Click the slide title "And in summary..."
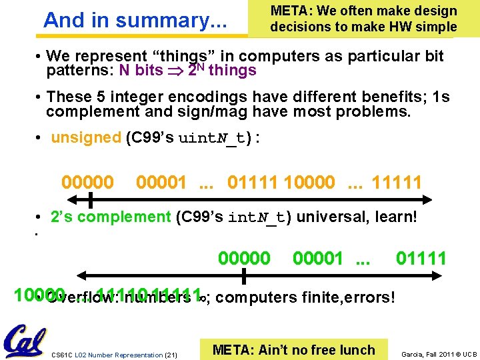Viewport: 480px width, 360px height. pos(135,21)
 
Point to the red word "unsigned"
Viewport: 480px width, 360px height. pos(85,138)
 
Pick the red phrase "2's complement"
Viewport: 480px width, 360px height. pos(111,217)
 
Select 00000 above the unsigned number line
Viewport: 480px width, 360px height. pos(87,182)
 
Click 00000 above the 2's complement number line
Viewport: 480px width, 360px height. pos(245,258)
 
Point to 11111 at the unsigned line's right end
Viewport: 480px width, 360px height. pos(397,182)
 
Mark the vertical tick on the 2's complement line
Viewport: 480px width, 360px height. pos(244,275)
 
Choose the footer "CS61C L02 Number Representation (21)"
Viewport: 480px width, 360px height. pos(115,355)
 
